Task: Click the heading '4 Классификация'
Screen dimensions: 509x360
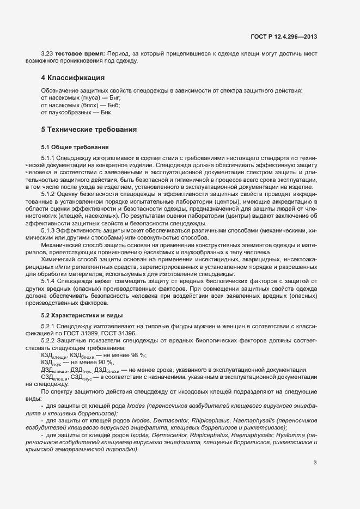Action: coord(72,78)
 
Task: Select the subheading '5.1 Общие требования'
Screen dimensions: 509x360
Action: coord(75,147)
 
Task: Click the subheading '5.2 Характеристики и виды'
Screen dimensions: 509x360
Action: coord(82,315)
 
